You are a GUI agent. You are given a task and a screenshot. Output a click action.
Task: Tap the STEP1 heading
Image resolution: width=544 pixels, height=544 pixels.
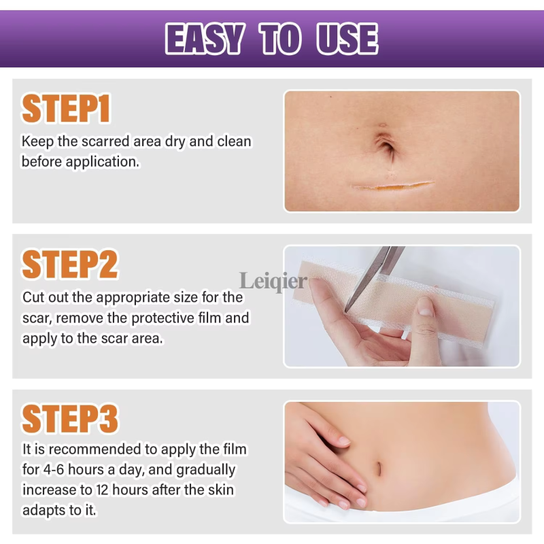point(66,109)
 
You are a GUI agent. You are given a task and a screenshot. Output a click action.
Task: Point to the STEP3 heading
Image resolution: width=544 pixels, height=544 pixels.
point(70,419)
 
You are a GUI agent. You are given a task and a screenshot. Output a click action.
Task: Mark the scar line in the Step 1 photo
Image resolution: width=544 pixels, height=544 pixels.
point(392,185)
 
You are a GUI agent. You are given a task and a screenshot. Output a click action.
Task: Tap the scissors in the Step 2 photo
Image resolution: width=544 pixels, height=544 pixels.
point(381,272)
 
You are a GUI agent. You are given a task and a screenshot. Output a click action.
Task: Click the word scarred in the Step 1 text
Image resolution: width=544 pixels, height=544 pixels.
point(98,141)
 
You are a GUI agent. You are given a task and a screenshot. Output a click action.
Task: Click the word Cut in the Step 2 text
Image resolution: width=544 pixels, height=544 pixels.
point(33,297)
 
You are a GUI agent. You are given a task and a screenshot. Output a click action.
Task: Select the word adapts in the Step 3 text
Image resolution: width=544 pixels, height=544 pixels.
point(44,509)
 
